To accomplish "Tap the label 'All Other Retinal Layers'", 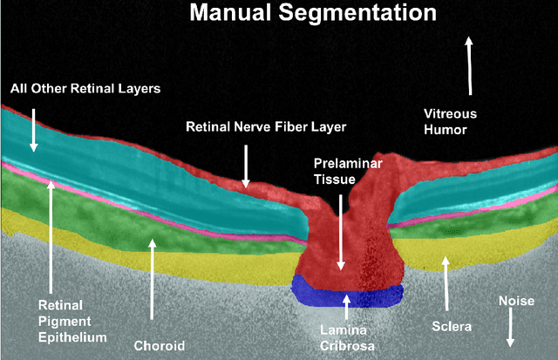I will (x=85, y=89).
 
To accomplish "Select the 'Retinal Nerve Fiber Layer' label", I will (x=266, y=126).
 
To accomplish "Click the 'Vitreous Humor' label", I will (x=446, y=121).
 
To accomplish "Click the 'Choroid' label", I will (x=159, y=345).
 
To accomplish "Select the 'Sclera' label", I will (x=452, y=327).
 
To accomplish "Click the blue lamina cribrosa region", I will (x=348, y=292).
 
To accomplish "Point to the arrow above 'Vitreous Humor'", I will (x=469, y=65).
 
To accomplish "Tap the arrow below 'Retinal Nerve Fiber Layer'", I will (x=246, y=166).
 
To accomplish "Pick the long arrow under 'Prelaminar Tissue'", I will (x=341, y=231).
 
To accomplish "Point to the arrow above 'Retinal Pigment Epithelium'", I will (x=51, y=235).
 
